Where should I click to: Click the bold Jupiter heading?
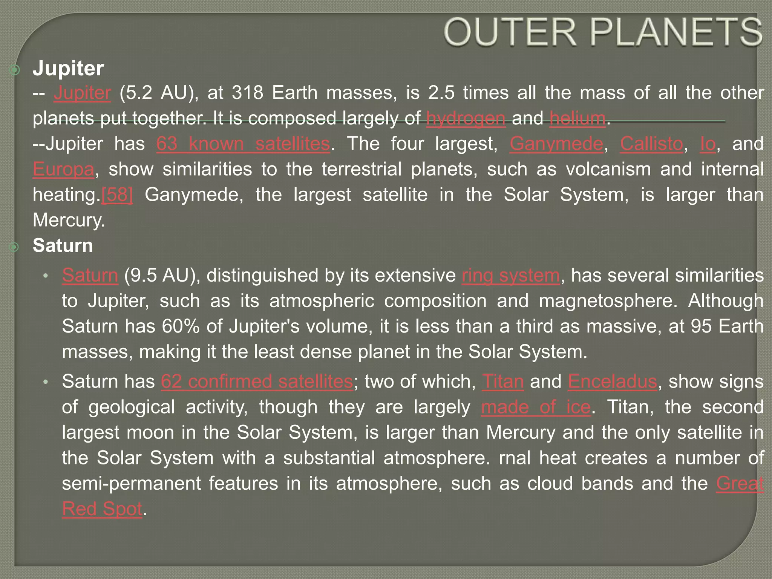click(68, 68)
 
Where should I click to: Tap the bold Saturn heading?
click(63, 245)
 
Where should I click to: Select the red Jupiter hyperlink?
click(82, 93)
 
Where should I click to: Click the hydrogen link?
click(466, 118)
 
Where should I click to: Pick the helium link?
click(577, 118)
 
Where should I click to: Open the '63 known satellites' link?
click(243, 144)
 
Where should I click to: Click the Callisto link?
click(651, 144)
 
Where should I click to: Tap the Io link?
click(708, 144)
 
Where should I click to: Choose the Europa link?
click(63, 169)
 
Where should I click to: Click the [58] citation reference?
click(117, 195)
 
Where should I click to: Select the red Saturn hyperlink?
click(90, 275)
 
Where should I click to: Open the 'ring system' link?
click(511, 275)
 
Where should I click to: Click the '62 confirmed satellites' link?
click(257, 381)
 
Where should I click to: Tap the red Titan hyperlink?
click(503, 381)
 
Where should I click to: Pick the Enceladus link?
click(612, 381)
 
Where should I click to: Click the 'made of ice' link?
click(536, 407)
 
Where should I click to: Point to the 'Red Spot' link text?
click(102, 509)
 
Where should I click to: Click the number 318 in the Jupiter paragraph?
click(247, 93)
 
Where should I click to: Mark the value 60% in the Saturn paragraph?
click(181, 326)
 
